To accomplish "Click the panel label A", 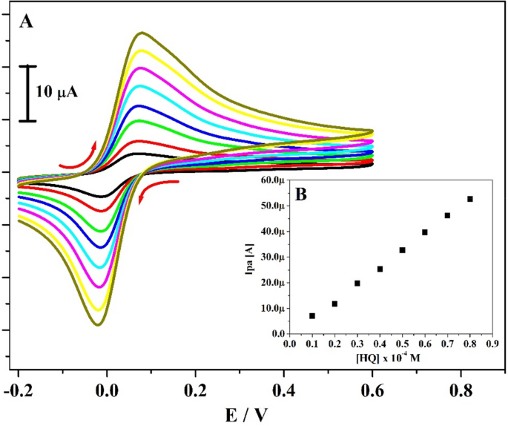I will [26, 22].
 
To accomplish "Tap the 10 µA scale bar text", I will [58, 94].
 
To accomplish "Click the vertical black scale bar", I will [28, 94].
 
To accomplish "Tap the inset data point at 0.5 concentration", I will [402, 250].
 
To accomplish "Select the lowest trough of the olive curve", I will [97, 324].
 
